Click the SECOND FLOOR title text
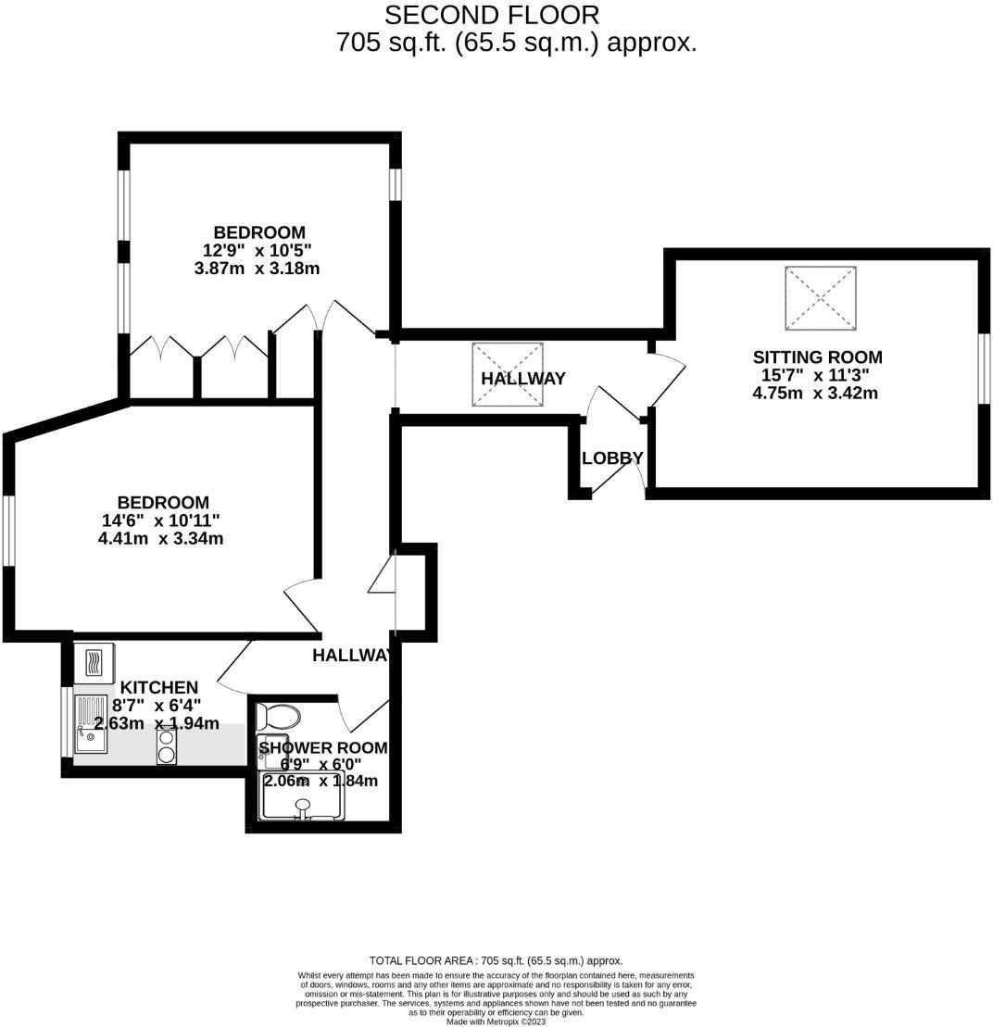click(x=491, y=16)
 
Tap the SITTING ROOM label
click(x=817, y=357)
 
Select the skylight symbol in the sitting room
click(x=821, y=296)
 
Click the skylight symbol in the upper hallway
click(x=507, y=374)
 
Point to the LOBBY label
click(x=612, y=458)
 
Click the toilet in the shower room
click(x=279, y=716)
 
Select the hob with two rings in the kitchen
click(x=167, y=745)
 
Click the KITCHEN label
click(x=159, y=687)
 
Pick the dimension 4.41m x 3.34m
click(x=160, y=538)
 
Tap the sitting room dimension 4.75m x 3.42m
click(x=815, y=393)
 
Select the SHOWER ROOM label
click(x=322, y=748)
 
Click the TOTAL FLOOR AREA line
click(x=496, y=961)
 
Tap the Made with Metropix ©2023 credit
click(x=496, y=1021)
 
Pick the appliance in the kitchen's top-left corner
click(x=94, y=663)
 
